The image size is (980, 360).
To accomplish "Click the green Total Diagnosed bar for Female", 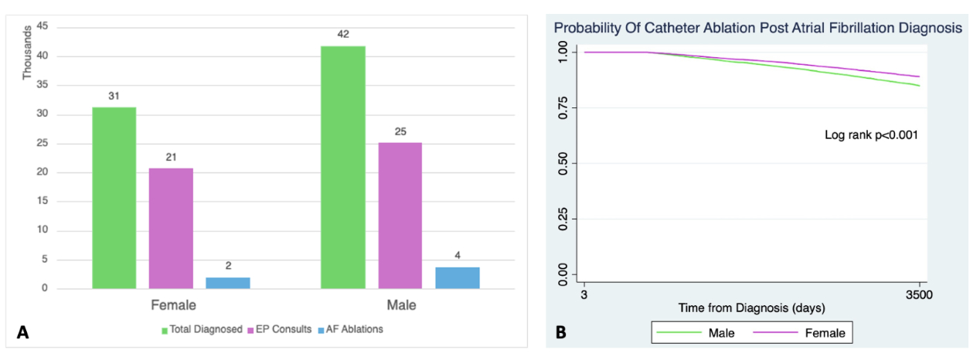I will click(x=114, y=198).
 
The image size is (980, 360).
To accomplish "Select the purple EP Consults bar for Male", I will click(x=400, y=216).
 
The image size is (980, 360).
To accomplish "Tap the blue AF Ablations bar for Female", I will click(x=228, y=282).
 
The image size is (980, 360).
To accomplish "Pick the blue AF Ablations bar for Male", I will click(x=457, y=277).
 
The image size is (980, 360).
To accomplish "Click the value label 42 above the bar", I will click(x=342, y=34).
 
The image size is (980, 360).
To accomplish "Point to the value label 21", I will click(x=171, y=157).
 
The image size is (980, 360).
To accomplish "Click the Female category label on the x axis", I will click(x=172, y=305).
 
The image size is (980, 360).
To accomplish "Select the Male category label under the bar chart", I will click(x=400, y=305).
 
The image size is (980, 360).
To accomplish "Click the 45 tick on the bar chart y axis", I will click(x=43, y=27).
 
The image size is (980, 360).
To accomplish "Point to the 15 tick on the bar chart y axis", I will click(x=43, y=201).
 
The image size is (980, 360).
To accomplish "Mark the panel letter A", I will click(x=22, y=333).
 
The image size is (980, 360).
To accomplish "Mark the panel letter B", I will click(x=561, y=333).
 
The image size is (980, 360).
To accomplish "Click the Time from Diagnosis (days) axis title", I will click(x=752, y=307).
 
